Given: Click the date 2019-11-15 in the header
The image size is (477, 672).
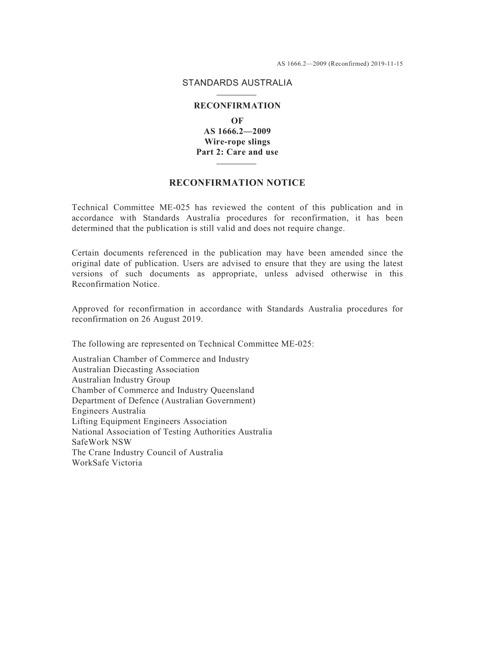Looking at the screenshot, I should pyautogui.click(x=387, y=64).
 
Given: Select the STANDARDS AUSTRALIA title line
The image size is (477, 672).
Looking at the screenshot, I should pyautogui.click(x=237, y=83).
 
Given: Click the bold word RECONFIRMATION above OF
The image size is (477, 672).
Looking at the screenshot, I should pyautogui.click(x=237, y=105).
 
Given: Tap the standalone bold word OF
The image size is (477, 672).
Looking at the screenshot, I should pyautogui.click(x=237, y=121).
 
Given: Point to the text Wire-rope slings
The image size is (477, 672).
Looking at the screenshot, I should pyautogui.click(x=237, y=142).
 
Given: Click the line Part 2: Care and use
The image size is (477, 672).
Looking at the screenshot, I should pyautogui.click(x=237, y=152).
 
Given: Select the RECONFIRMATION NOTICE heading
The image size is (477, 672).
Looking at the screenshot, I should pyautogui.click(x=237, y=183).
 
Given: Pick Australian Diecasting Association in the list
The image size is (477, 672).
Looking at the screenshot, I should pyautogui.click(x=136, y=370).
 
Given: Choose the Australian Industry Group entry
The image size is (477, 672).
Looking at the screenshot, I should pyautogui.click(x=121, y=380).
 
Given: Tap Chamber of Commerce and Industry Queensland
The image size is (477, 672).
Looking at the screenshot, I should pyautogui.click(x=163, y=390).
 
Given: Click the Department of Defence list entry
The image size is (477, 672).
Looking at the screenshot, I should pyautogui.click(x=163, y=401).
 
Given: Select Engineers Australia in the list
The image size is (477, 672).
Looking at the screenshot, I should pyautogui.click(x=108, y=411).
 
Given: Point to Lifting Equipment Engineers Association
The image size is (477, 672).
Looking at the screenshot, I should pyautogui.click(x=149, y=421).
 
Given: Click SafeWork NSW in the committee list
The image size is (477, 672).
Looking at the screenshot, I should pyautogui.click(x=101, y=442).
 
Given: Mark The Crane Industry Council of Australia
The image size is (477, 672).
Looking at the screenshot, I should pyautogui.click(x=147, y=453).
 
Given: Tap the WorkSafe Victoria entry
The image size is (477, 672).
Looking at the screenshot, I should pyautogui.click(x=107, y=463).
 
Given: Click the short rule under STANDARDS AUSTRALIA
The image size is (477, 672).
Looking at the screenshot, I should pyautogui.click(x=236, y=94).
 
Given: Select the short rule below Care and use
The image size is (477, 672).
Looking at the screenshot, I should pyautogui.click(x=236, y=163).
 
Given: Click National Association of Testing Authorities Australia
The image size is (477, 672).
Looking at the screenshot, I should pyautogui.click(x=172, y=432).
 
